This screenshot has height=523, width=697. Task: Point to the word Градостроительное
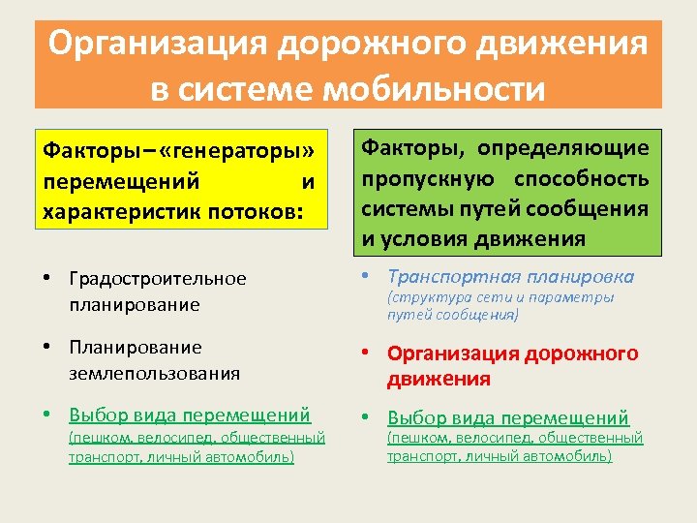[x=158, y=279]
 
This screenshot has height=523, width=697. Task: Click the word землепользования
[x=154, y=372]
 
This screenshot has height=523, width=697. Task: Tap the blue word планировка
[x=579, y=276]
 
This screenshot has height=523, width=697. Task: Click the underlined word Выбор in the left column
[x=97, y=415]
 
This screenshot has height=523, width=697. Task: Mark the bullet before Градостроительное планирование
[x=46, y=279]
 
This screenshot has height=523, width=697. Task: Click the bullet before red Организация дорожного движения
[x=365, y=354]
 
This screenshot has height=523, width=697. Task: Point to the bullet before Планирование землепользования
[x=46, y=347]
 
